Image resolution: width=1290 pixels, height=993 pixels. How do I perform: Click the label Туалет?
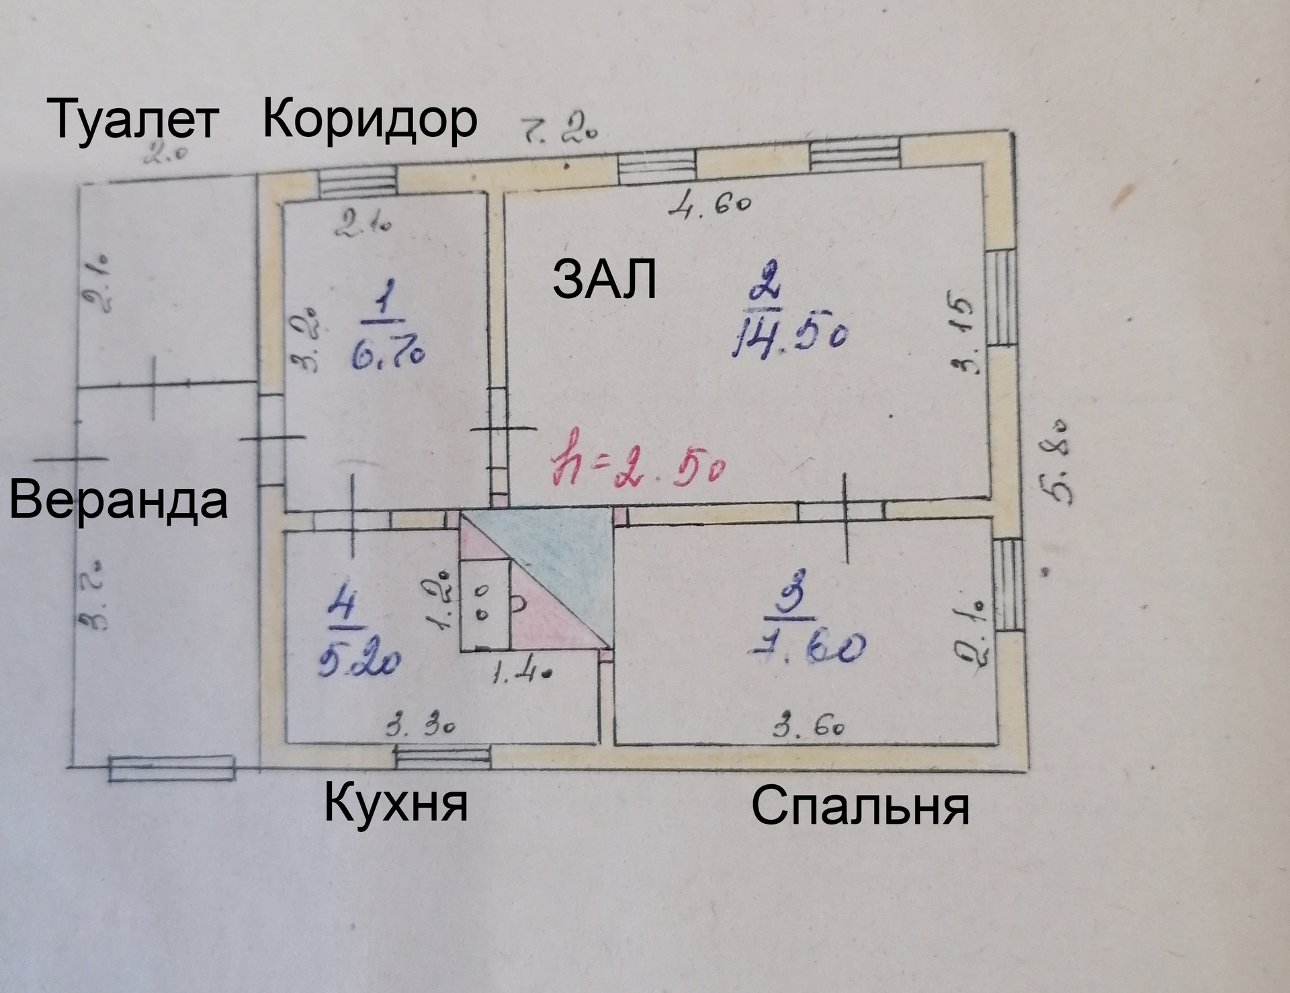click(134, 121)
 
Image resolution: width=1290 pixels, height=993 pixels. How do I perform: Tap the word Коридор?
click(370, 119)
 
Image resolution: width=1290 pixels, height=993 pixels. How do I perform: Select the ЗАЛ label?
click(604, 280)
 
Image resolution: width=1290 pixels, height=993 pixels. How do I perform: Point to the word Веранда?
click(118, 501)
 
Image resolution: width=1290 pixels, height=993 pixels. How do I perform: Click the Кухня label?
click(396, 804)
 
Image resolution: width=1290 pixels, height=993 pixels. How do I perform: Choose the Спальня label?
click(859, 806)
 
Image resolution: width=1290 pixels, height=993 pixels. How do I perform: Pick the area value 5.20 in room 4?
click(359, 661)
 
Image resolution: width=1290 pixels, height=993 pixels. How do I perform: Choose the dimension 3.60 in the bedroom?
click(808, 726)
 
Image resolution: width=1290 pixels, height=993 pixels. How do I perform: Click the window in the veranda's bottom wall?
click(172, 767)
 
